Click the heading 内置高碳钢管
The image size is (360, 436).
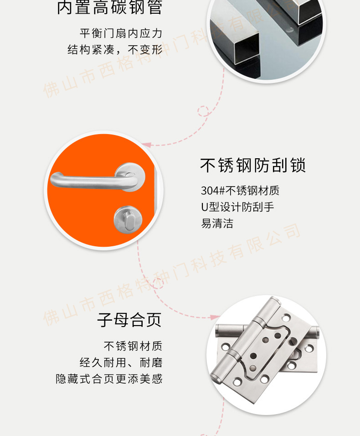point(109,7)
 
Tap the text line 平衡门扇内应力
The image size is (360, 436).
point(121,33)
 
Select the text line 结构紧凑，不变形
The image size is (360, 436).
point(115,50)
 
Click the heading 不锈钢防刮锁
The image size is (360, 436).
point(253,165)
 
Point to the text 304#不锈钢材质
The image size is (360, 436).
point(240,191)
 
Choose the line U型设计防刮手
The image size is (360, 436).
point(237,207)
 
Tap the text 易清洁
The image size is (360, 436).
point(217,223)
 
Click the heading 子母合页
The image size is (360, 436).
point(129,320)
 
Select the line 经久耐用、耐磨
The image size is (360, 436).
point(121,363)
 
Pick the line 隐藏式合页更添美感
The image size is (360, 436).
point(109,379)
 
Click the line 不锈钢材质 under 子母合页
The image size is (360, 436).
point(133,346)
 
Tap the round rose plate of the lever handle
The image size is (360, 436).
point(130,177)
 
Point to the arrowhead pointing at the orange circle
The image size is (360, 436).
point(146,145)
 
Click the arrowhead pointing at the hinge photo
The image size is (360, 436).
point(215,317)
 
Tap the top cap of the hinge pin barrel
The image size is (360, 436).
point(274,300)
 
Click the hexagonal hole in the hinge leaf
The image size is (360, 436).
point(295,354)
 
